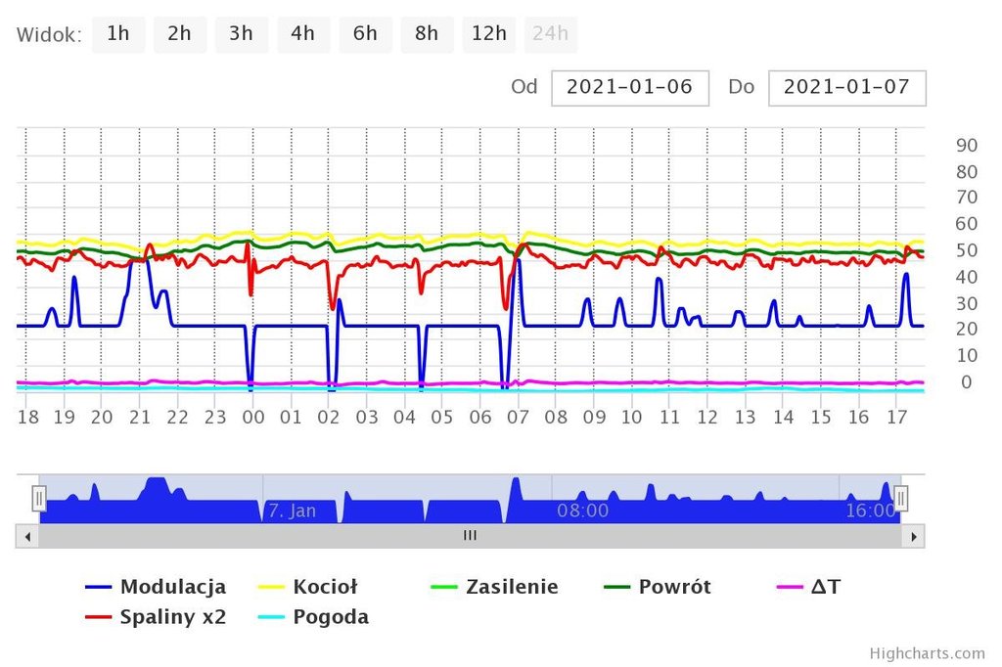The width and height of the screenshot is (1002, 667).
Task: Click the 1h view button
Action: point(118,34)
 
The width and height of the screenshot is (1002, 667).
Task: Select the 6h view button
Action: point(365,34)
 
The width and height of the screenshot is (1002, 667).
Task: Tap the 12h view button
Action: point(488,34)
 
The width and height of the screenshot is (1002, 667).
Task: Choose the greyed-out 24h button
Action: point(550,34)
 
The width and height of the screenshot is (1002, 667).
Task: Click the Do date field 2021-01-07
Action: point(846,87)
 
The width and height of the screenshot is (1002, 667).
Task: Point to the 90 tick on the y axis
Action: point(966,146)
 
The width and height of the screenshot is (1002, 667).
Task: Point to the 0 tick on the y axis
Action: point(966,382)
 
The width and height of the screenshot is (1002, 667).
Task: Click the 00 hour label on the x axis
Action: point(252,418)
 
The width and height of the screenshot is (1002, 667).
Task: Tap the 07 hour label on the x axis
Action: point(518,418)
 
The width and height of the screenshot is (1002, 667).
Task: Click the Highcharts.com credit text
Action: point(927,653)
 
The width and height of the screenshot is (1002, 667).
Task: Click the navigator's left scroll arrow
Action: point(27,536)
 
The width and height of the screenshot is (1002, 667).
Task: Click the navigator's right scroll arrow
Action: point(913,536)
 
